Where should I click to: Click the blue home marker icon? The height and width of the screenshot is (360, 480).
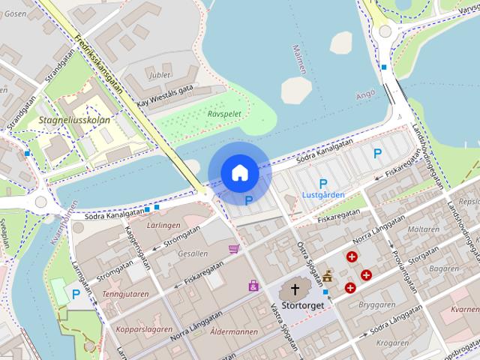tap(239, 172)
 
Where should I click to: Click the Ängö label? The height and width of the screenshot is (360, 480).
tap(364, 95)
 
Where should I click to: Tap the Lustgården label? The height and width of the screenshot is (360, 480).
tap(322, 194)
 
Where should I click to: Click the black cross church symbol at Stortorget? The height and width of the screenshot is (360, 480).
tap(295, 289)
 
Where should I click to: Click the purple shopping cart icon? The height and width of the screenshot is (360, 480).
tap(235, 248)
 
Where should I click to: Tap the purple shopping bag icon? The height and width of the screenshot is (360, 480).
tap(253, 285)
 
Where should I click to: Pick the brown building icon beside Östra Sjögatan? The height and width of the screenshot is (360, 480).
tap(328, 276)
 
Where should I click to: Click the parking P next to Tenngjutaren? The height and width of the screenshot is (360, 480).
tap(76, 295)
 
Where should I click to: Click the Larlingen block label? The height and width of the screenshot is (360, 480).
tap(163, 224)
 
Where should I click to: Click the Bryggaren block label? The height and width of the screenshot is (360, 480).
tap(376, 306)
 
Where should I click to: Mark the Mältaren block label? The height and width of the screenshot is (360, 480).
tap(424, 229)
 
